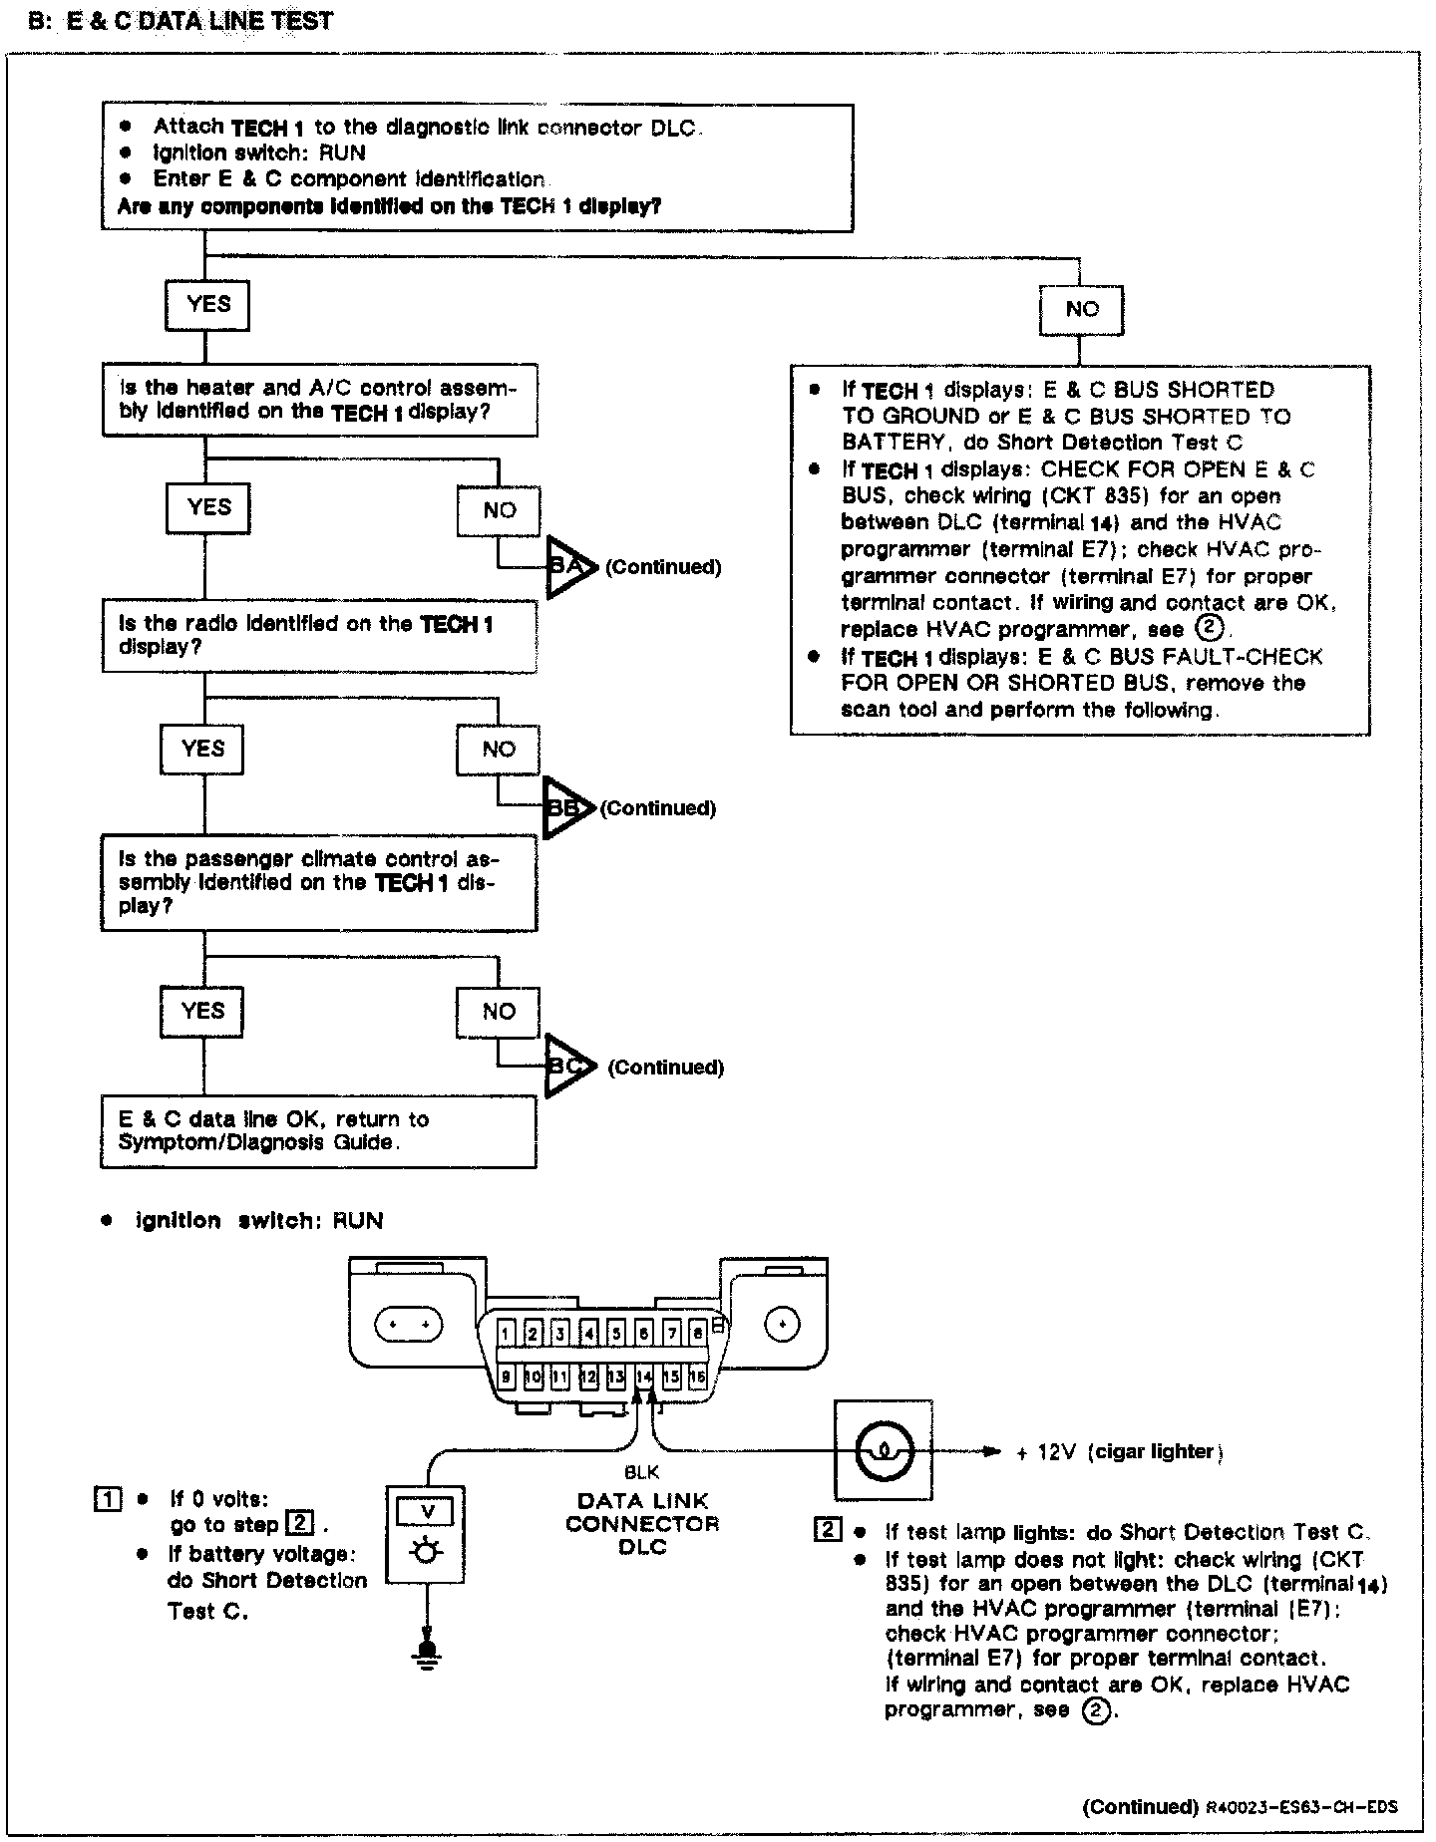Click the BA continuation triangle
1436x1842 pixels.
568,567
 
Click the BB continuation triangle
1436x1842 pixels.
566,808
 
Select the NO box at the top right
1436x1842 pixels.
1081,310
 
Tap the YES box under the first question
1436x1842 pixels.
207,305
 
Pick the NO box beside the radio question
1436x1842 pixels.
499,750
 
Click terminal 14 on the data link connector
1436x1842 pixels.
643,1378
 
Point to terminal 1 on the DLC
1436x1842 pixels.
507,1334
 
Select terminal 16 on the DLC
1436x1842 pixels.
697,1378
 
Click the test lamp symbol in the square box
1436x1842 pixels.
884,1450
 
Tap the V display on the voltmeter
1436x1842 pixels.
428,1512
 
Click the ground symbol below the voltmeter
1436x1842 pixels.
428,1656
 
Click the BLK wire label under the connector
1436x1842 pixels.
641,1471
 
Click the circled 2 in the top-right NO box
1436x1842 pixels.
1208,629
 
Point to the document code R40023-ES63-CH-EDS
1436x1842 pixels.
1300,1807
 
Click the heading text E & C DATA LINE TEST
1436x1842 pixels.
199,21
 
